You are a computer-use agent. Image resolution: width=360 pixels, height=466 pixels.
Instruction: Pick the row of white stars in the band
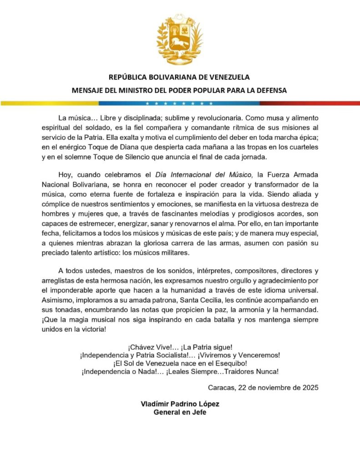pyautogui.click(x=180, y=103)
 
